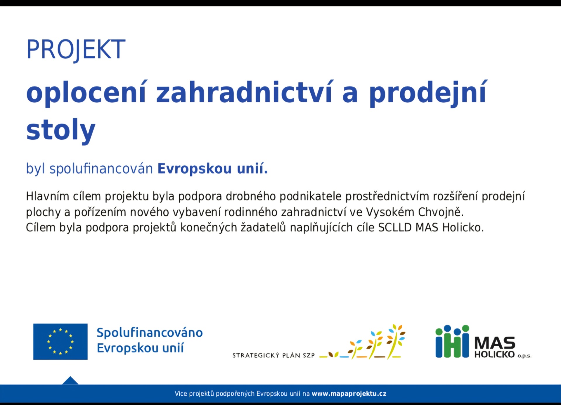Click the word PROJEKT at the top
tap(76, 50)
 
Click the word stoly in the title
tap(61, 130)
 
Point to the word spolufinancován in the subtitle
tap(101, 169)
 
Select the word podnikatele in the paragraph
tap(311, 196)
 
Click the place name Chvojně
tap(441, 212)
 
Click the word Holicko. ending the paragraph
tap(463, 227)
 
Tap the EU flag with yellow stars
tap(60, 342)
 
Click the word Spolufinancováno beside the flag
tap(150, 333)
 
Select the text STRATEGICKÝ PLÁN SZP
tap(273, 355)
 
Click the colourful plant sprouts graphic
tap(362, 342)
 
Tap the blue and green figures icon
tap(452, 341)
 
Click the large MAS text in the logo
tap(495, 342)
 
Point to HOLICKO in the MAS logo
tap(494, 354)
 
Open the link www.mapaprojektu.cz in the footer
tap(349, 394)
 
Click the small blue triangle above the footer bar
tap(70, 381)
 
